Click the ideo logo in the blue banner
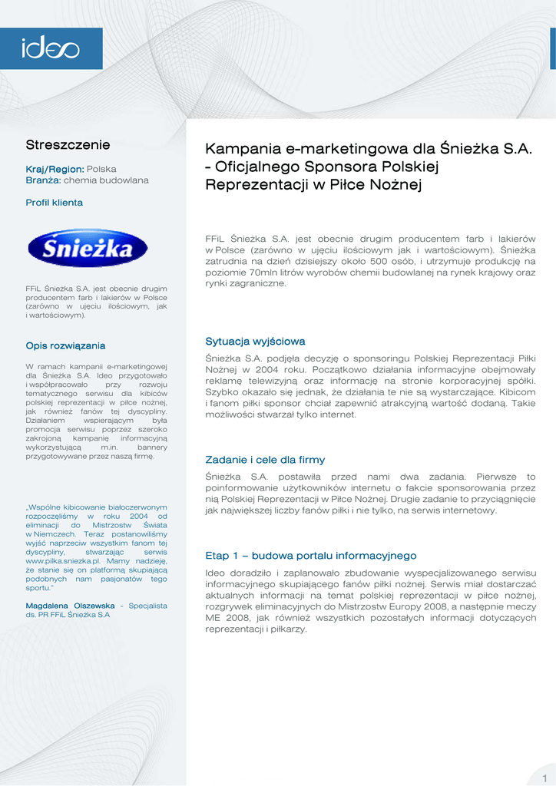click(x=50, y=49)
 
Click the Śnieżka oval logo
click(x=87, y=248)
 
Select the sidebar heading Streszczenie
click(x=68, y=144)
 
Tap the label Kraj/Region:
click(x=55, y=168)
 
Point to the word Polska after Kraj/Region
click(x=101, y=168)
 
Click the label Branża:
click(x=43, y=180)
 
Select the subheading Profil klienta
click(x=54, y=203)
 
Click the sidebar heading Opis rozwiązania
click(x=65, y=345)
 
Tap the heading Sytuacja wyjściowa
click(x=255, y=341)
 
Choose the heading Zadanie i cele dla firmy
click(x=265, y=460)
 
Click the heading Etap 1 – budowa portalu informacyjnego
click(x=310, y=555)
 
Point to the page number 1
click(x=544, y=779)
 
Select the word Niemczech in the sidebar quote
click(x=53, y=533)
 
